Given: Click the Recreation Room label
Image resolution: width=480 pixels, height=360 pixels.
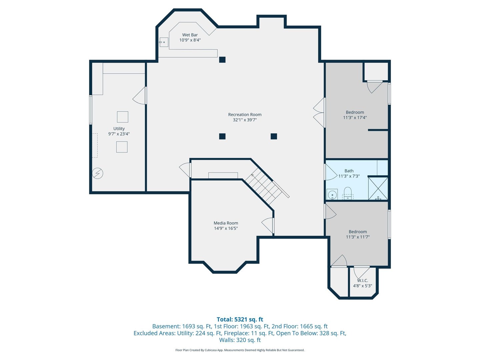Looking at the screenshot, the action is click(245, 115).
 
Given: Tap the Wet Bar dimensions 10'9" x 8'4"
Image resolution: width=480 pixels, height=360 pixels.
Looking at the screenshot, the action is click(190, 40).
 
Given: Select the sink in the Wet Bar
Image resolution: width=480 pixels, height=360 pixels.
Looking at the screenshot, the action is click(164, 42).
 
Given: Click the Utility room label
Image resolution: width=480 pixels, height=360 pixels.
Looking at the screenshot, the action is click(119, 129).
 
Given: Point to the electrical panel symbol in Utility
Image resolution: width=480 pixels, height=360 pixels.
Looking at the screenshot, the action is click(98, 173).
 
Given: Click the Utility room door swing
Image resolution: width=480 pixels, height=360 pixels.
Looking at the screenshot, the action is click(139, 96).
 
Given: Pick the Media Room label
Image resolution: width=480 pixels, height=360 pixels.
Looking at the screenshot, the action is click(226, 223).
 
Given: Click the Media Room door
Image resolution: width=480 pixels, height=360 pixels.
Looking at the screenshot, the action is click(268, 225).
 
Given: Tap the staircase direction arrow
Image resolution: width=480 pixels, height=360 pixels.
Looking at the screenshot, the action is click(254, 176).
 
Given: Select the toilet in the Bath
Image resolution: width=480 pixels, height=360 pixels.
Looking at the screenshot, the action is click(347, 193).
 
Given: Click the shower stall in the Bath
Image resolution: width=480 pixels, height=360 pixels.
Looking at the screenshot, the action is click(378, 188).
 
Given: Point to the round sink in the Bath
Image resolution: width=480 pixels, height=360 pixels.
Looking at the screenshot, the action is click(332, 194).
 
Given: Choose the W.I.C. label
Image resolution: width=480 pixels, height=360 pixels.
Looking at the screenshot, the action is click(363, 280).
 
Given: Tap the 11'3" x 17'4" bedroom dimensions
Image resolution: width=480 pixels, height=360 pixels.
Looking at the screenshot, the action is click(355, 117).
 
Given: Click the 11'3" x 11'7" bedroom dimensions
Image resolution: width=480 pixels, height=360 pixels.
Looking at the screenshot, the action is click(358, 237).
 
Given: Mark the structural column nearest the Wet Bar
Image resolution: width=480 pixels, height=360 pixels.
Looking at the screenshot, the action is click(222, 60).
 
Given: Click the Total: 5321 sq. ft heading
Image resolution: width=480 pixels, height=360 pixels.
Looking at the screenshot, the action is click(240, 319).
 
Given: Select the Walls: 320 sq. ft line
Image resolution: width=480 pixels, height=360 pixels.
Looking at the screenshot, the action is click(240, 340).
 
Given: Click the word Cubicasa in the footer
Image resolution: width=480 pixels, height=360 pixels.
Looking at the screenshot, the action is click(211, 350).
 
